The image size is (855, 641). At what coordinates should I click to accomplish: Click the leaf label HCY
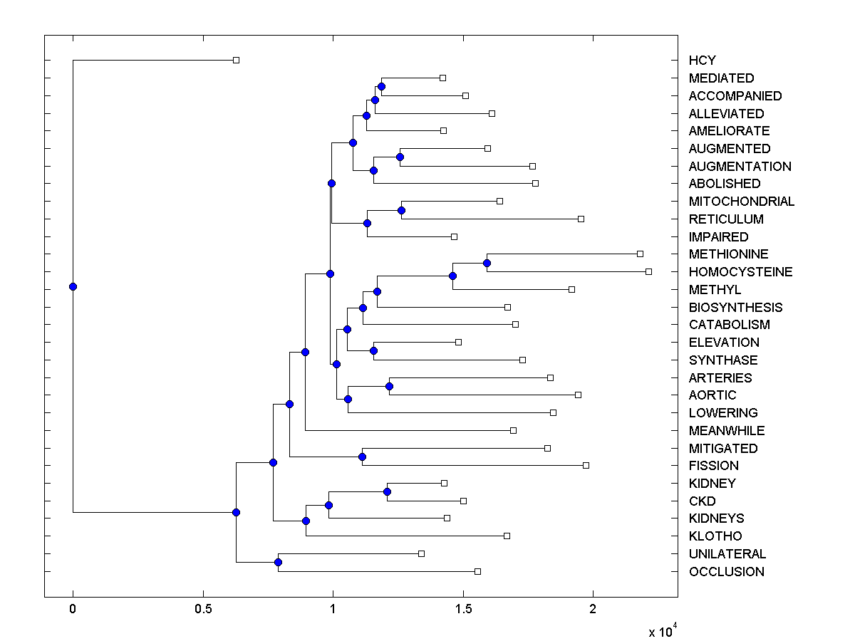click(x=702, y=61)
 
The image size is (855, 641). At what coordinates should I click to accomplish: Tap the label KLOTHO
click(x=715, y=536)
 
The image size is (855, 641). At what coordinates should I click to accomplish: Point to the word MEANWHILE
click(x=726, y=430)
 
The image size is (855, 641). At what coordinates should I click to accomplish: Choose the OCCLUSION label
click(x=726, y=571)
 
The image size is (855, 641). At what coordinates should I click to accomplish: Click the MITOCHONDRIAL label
click(x=741, y=202)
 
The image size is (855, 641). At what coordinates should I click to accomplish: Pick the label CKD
click(x=702, y=501)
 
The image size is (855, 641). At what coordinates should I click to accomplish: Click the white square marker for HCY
click(x=237, y=61)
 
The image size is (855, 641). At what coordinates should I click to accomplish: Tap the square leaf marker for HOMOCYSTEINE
click(x=648, y=271)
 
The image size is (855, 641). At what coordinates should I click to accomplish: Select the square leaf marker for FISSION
click(x=586, y=465)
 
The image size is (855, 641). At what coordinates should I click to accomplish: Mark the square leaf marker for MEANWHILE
click(x=513, y=430)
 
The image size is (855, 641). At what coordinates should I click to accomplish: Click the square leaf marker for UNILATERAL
click(x=421, y=553)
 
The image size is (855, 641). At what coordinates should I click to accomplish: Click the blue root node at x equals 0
click(x=73, y=286)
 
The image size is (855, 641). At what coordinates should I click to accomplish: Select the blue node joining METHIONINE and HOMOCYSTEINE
click(x=487, y=263)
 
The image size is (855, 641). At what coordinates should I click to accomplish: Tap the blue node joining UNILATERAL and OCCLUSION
click(x=278, y=562)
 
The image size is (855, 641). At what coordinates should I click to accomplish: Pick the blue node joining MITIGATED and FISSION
click(x=362, y=457)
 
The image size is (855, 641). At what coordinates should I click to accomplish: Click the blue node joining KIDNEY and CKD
click(x=387, y=491)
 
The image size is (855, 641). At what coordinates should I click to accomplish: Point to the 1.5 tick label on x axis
click(x=463, y=609)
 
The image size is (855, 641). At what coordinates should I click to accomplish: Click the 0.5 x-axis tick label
click(x=203, y=609)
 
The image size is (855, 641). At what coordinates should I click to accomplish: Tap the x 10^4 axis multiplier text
click(x=662, y=631)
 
